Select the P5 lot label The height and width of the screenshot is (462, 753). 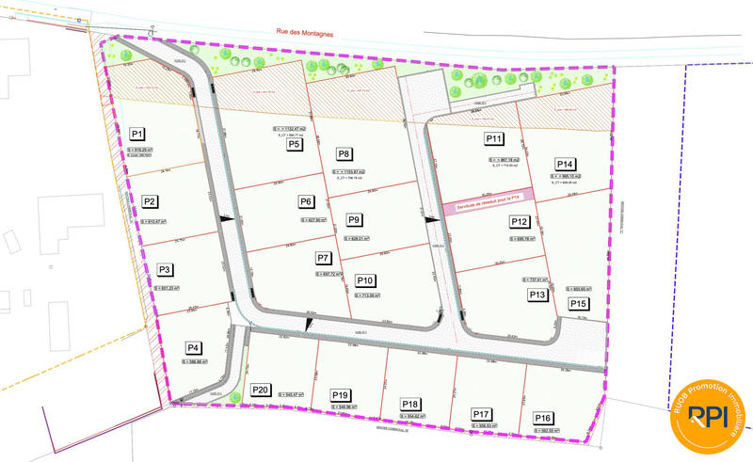click(295, 145)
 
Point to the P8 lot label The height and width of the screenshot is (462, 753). click(344, 154)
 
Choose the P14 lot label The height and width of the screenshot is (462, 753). click(566, 162)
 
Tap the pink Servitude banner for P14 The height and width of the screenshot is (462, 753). click(488, 198)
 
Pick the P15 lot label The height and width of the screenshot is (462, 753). click(578, 304)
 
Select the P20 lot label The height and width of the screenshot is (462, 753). click(261, 390)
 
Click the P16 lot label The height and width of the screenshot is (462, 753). click(543, 418)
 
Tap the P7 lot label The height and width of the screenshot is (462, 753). click(323, 258)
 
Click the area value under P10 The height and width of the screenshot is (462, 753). click(366, 295)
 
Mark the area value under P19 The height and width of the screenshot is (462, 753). click(342, 406)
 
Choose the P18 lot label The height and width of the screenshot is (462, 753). click(410, 404)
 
